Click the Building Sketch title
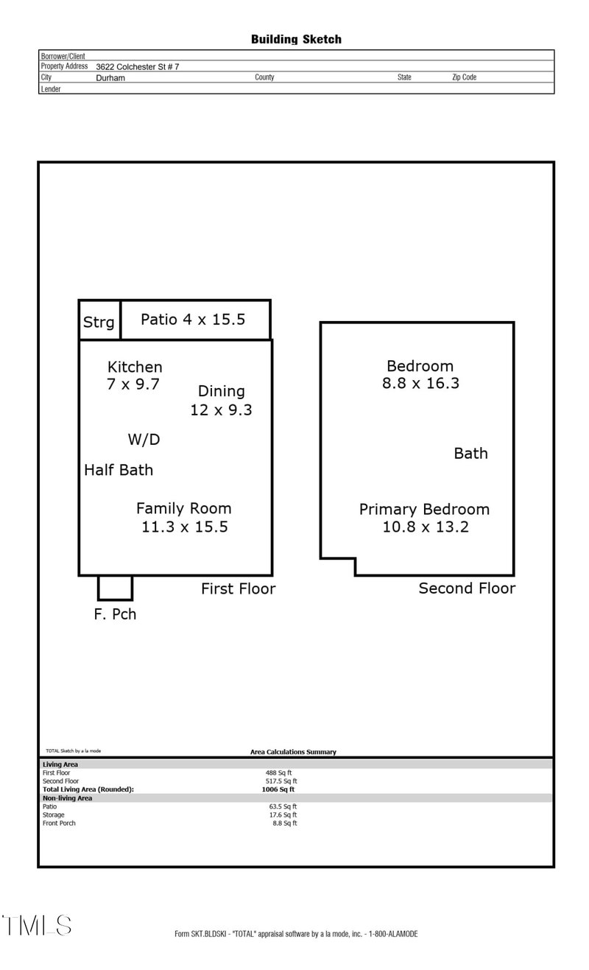pos(296,40)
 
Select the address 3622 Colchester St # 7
pos(137,66)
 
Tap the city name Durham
pos(110,77)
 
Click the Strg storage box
pos(99,322)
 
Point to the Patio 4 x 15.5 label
pos(193,320)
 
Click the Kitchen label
pos(135,367)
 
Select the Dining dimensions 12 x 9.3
pos(221,410)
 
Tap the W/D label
pos(144,440)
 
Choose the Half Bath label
pos(119,470)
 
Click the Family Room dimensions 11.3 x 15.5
pos(184,527)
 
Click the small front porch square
pos(115,588)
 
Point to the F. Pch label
pos(115,614)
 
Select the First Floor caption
pos(238,588)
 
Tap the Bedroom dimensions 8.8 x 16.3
pos(420,383)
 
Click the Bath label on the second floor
pos(470,453)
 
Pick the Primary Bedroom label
pos(424,509)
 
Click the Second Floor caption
pos(467,588)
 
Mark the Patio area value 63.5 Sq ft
pos(283,806)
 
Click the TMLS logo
pos(36,926)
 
